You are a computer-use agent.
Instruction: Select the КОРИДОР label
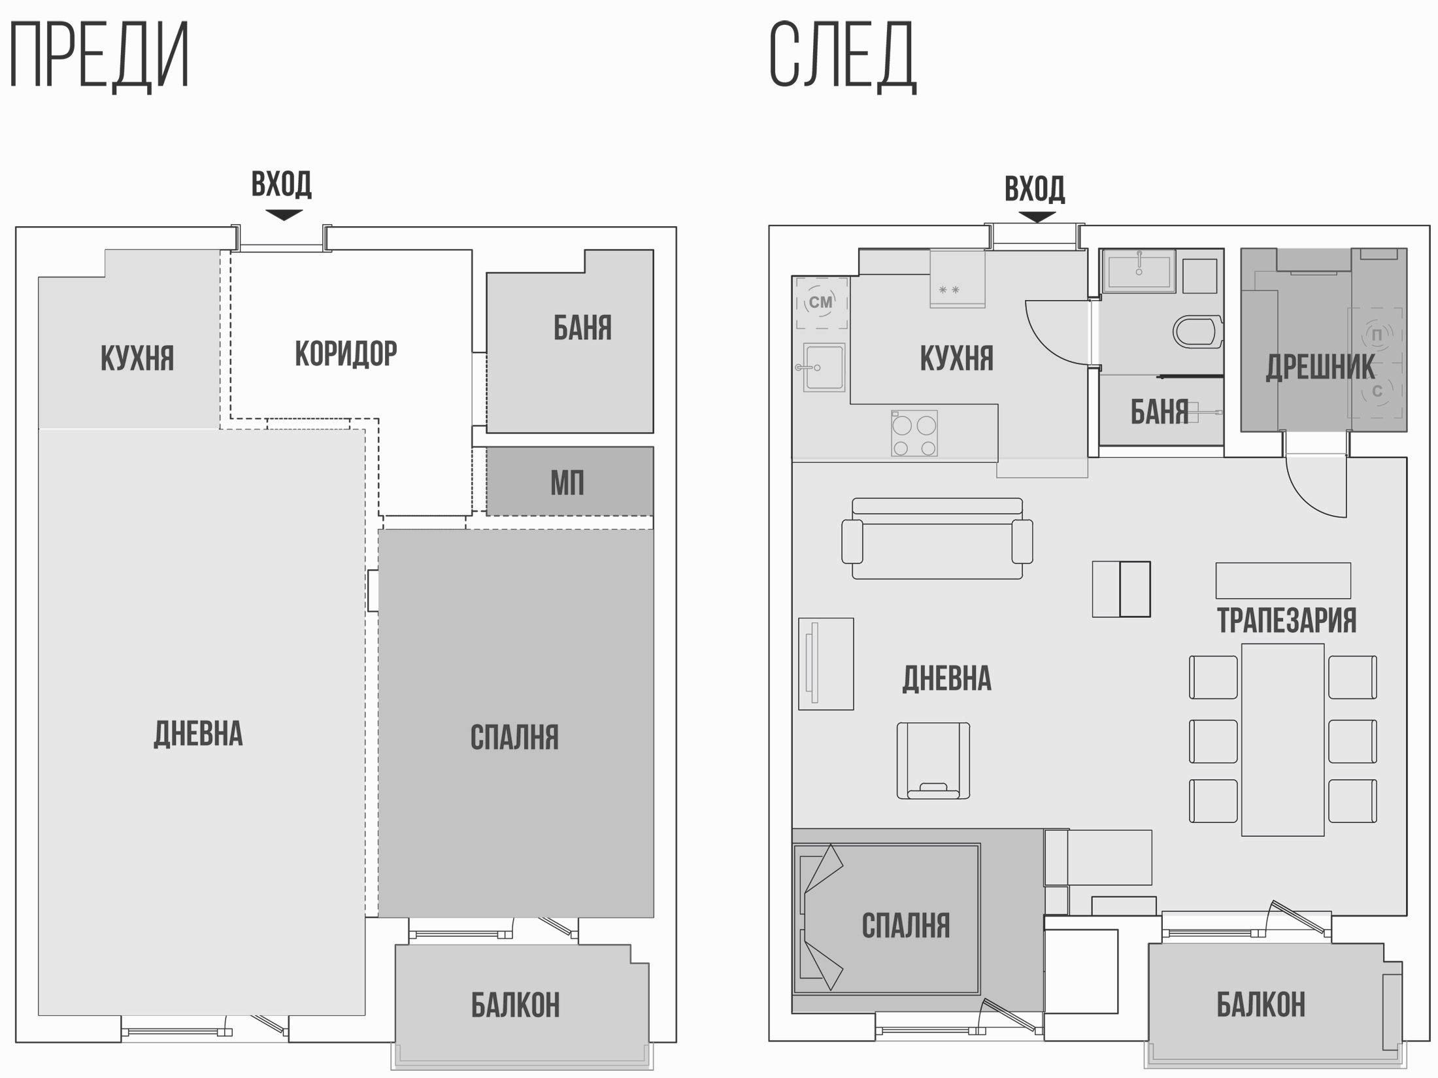coord(346,354)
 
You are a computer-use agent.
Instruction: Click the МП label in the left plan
coord(567,483)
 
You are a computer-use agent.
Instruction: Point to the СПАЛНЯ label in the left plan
coord(514,737)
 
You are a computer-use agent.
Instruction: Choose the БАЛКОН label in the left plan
coord(516,1005)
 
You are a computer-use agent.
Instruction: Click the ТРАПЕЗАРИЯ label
coord(1286,620)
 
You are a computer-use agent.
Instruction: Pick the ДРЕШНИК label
coord(1320,367)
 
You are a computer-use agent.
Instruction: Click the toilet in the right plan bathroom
coord(1197,331)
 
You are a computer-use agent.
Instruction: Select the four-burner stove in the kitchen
coord(914,433)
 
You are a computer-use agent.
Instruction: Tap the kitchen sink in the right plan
coord(824,367)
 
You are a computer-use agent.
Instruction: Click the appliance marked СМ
coord(822,303)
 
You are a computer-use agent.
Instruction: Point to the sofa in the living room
coord(937,539)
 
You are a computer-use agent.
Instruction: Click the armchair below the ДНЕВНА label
coord(933,760)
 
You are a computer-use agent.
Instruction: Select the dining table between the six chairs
coord(1282,740)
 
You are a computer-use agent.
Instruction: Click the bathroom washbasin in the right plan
coord(1139,270)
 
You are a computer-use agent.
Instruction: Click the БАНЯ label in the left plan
coord(582,328)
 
